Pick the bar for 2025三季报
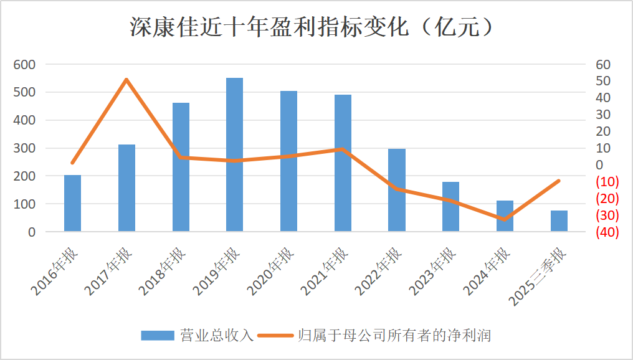coord(559,221)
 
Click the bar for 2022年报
coord(397,190)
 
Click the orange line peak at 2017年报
coord(126,80)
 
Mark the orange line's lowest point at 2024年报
coord(505,219)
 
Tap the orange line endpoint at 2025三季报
coord(559,181)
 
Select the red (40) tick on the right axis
coord(607,232)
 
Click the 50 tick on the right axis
coord(603,82)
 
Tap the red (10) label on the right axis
coord(607,182)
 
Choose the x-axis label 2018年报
coord(161,272)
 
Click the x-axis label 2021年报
coord(323,272)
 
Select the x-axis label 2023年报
coord(432,272)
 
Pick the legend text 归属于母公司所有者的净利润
coord(394,335)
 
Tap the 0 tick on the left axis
coord(32,232)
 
